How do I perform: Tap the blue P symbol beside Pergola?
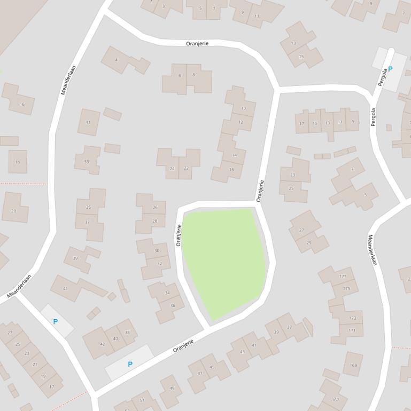tap(390, 69)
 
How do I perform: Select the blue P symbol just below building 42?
tap(130, 364)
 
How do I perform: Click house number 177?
tap(343, 276)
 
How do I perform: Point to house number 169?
tap(353, 365)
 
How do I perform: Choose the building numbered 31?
tap(88, 123)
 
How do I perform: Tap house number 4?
tap(117, 60)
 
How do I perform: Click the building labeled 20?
tap(14, 210)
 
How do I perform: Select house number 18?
tap(18, 162)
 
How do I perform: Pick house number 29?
tap(309, 242)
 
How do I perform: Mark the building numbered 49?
tap(172, 388)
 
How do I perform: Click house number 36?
tap(173, 305)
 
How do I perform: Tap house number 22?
tap(186, 168)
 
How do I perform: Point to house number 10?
tap(244, 108)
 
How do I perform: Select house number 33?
tap(87, 161)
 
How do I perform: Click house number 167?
tap(335, 399)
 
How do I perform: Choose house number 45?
tap(212, 367)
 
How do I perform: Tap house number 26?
tap(155, 207)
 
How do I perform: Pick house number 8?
tap(193, 75)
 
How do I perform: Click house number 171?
tap(352, 330)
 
